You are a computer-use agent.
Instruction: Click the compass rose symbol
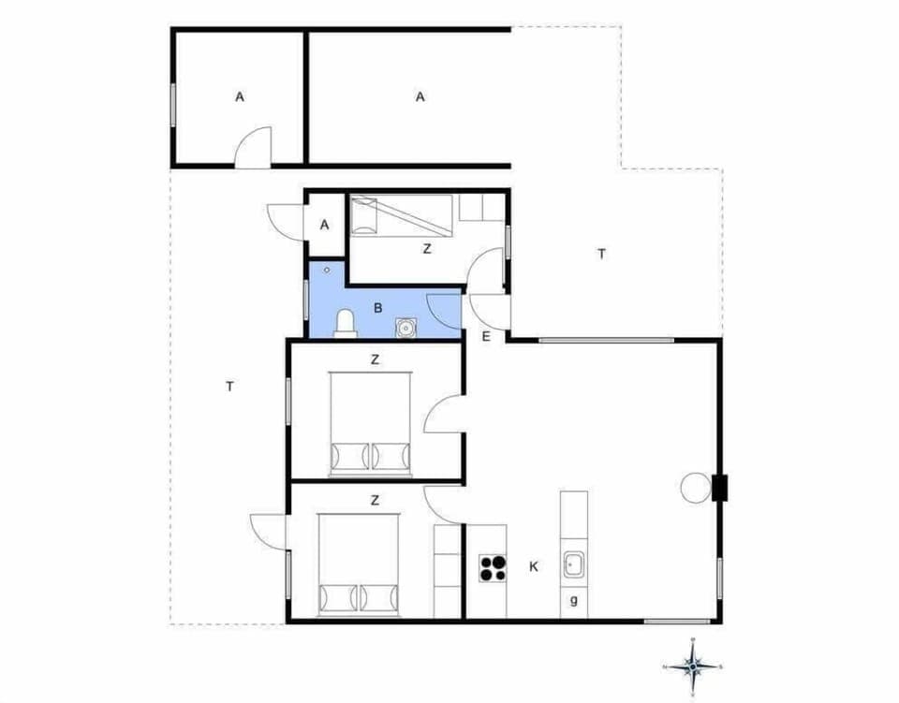coord(693,666)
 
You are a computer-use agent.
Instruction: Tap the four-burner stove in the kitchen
coord(493,566)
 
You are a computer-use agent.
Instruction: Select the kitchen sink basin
coord(573,565)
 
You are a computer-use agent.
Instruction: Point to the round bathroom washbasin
coord(405,328)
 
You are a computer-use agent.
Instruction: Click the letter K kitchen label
coord(533,566)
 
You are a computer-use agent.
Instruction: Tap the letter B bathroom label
coord(378,307)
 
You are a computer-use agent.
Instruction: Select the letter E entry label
coord(486,337)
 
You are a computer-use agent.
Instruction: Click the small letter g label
coord(573,601)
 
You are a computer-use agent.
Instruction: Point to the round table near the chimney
coord(696,487)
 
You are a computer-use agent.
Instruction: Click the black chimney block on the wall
coord(719,489)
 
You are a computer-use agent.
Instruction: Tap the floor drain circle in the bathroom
coord(326,270)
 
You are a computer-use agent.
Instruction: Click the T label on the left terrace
coord(229,386)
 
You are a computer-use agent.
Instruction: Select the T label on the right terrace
coord(602,253)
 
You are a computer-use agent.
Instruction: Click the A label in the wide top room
coord(420,96)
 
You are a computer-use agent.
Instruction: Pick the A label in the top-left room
coord(240,96)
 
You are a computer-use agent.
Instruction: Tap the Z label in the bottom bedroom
coord(375,500)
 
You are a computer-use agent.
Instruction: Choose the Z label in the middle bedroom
coord(375,359)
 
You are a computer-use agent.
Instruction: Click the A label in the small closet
coord(325,225)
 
